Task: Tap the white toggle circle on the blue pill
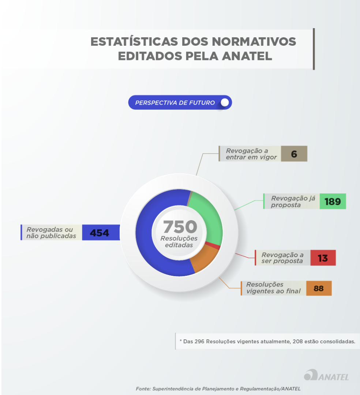(x=225, y=102)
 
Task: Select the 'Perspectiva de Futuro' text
(x=175, y=103)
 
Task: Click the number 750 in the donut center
(x=180, y=227)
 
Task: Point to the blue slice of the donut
(x=146, y=234)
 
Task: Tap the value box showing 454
(x=100, y=233)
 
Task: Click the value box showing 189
(x=333, y=201)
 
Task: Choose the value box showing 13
(x=323, y=258)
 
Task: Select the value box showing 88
(x=319, y=288)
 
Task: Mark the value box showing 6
(x=294, y=154)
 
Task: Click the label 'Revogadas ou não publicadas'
(x=51, y=233)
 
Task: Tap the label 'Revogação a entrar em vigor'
(x=251, y=154)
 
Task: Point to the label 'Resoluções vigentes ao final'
(x=273, y=288)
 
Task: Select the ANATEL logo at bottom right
(x=326, y=376)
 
